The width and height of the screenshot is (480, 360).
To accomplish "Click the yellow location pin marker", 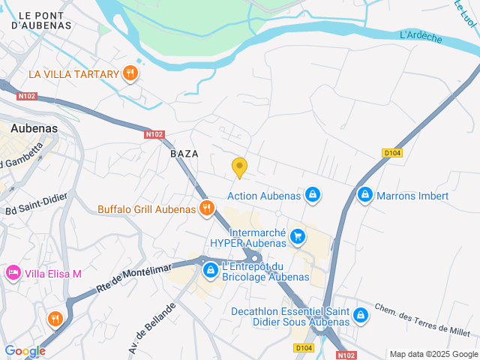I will click(239, 167).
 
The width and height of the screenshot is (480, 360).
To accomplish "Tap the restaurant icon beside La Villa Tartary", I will click(131, 73).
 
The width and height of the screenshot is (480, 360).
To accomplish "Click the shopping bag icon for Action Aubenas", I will click(313, 196).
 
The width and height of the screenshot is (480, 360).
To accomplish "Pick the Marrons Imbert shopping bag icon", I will click(364, 195).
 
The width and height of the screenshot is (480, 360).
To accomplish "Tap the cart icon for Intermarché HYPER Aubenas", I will click(298, 237).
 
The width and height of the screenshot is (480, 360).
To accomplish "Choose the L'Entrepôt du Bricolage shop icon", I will click(211, 269).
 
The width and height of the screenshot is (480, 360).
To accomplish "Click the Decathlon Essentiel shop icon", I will click(361, 315).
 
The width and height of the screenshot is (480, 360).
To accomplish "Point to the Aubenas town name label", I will click(33, 128).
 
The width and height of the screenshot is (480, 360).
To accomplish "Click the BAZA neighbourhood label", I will click(184, 153).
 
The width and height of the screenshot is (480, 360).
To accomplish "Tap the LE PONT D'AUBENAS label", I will click(46, 19).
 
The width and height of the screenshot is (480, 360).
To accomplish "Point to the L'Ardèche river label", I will click(421, 36).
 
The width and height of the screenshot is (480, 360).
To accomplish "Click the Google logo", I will click(25, 351).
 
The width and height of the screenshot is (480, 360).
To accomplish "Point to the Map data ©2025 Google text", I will click(433, 354).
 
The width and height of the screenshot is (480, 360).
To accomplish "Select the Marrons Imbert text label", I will click(413, 196).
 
